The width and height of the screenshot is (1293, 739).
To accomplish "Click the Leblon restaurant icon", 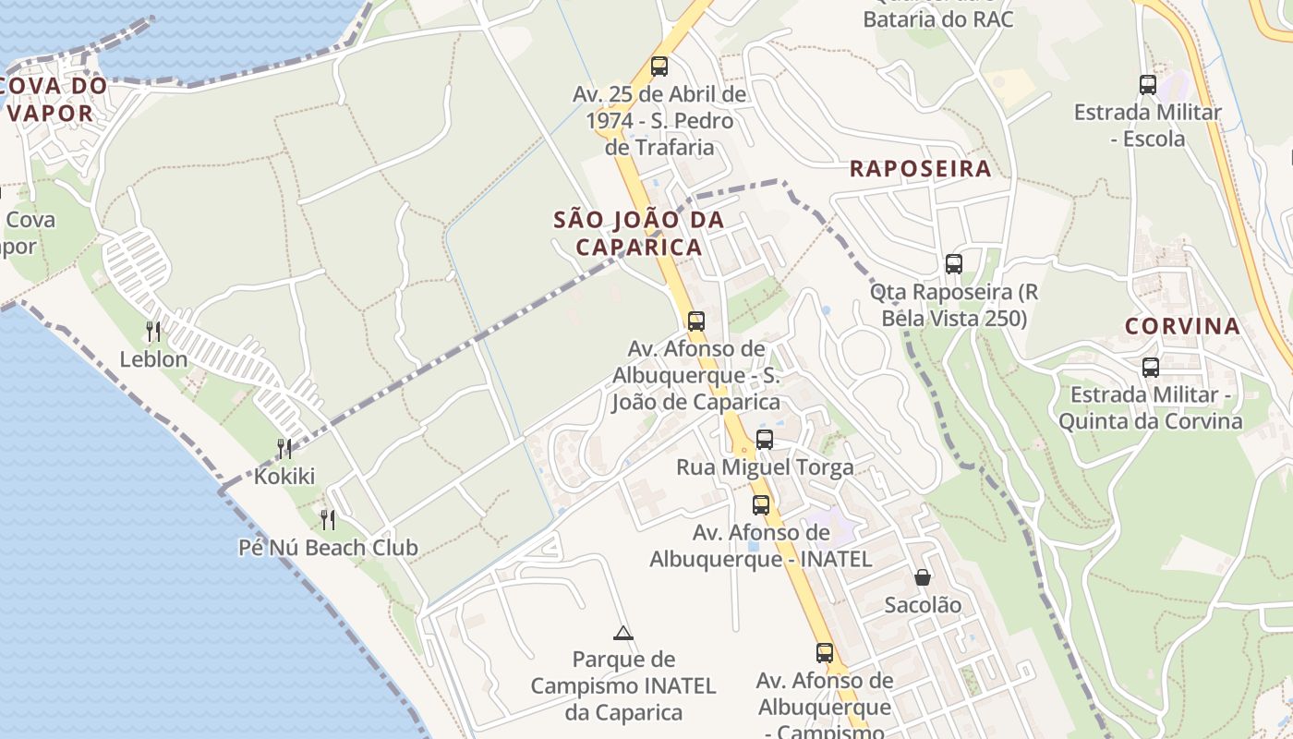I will click(153, 331).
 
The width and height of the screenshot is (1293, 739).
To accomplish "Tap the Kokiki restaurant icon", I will click(284, 449).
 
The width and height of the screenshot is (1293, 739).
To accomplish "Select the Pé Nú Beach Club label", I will click(328, 548).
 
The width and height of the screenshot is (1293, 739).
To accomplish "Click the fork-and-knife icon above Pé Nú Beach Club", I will click(327, 519).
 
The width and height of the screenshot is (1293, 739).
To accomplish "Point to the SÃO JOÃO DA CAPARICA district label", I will click(638, 234).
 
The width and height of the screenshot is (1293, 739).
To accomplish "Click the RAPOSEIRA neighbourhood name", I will click(920, 169).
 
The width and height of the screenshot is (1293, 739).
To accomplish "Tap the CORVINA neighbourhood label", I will click(1182, 326).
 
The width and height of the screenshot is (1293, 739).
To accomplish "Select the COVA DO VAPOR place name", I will click(54, 100).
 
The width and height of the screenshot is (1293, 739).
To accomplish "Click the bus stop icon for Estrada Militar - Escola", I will click(1148, 85).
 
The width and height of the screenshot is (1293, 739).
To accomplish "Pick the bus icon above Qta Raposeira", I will click(954, 264).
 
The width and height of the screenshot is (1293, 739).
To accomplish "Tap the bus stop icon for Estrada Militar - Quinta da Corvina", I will click(1151, 368).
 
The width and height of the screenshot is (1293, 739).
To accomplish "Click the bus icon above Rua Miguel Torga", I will click(765, 440).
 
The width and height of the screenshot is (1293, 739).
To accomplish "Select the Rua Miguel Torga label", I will click(765, 467).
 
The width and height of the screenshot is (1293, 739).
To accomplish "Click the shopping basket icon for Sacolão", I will click(923, 578).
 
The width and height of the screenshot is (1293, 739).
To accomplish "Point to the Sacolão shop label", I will click(923, 605).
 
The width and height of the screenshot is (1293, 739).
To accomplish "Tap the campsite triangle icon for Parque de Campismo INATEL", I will click(623, 633).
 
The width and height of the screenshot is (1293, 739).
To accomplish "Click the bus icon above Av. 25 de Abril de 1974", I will click(659, 67).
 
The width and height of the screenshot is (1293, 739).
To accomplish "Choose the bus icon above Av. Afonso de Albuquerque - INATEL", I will click(761, 505).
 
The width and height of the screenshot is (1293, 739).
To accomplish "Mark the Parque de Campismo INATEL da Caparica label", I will click(623, 686).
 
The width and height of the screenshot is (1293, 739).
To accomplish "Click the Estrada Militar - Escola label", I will click(1147, 126).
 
